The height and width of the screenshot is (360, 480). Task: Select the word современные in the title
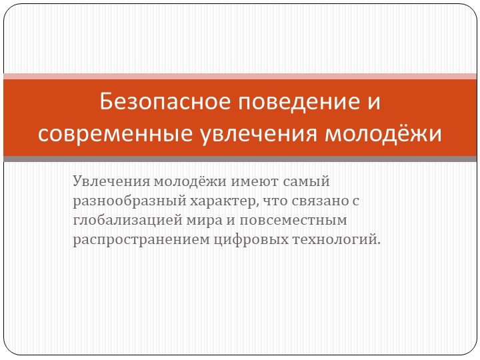click(x=115, y=133)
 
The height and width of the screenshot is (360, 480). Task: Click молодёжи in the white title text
click(x=383, y=133)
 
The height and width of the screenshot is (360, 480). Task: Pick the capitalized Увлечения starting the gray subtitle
click(x=111, y=181)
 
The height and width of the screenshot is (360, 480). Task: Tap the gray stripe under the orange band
click(x=240, y=159)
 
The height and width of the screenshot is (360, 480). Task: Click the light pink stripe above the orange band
click(x=240, y=77)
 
